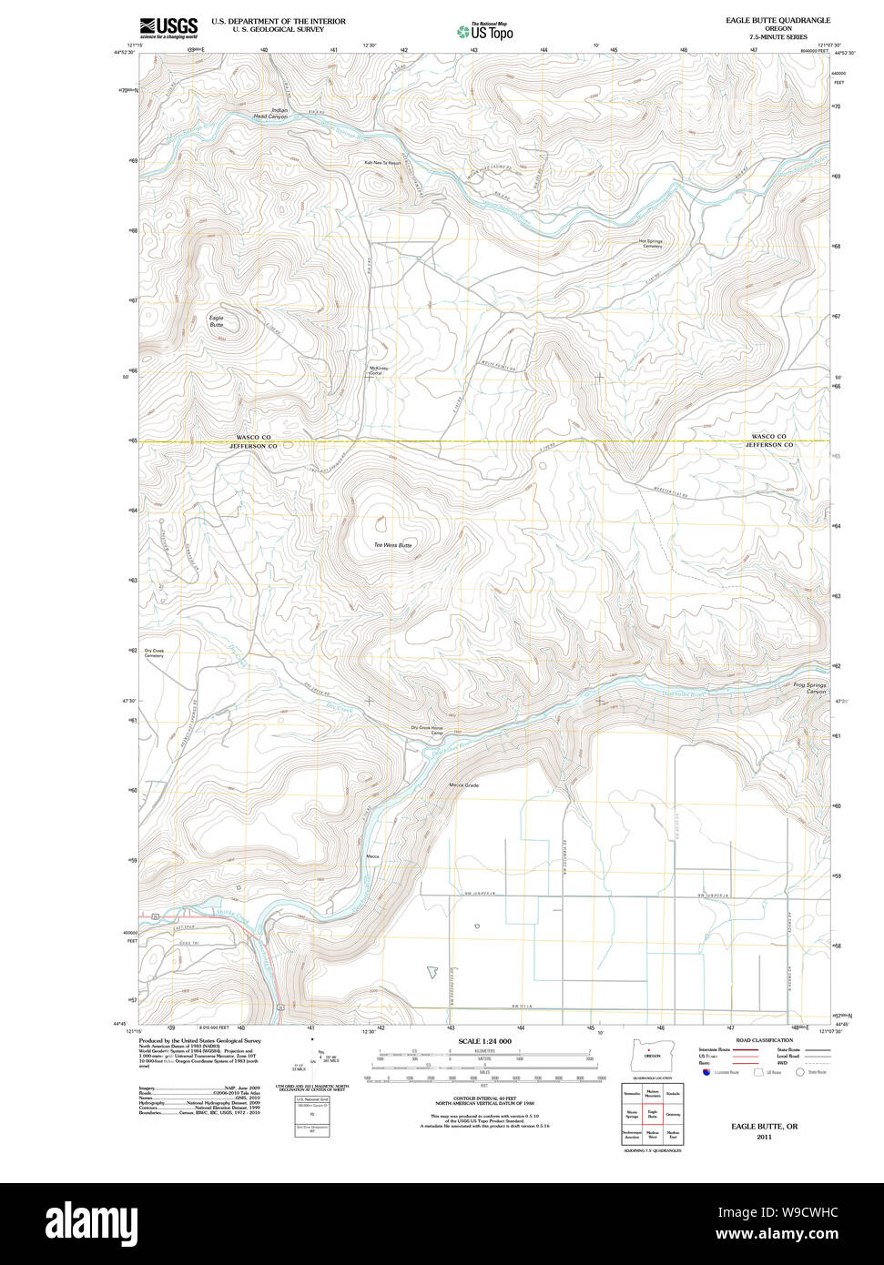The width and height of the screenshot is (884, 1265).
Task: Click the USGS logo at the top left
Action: click(x=168, y=27)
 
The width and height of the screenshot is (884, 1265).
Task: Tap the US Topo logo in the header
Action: click(x=485, y=32)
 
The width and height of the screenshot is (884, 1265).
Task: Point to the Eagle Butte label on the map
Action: click(x=216, y=321)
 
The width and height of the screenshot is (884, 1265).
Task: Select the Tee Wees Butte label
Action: click(x=392, y=545)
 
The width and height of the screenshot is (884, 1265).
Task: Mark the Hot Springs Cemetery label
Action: click(x=652, y=244)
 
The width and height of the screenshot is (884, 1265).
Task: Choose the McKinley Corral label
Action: click(x=378, y=370)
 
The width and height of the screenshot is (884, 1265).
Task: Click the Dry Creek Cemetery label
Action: click(x=153, y=653)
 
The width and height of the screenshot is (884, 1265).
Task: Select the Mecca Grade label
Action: click(x=463, y=785)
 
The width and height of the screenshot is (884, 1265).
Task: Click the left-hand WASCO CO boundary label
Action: click(x=252, y=437)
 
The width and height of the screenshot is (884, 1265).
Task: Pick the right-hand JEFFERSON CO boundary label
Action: click(x=769, y=445)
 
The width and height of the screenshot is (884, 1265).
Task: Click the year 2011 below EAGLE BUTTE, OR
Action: click(x=764, y=1137)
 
